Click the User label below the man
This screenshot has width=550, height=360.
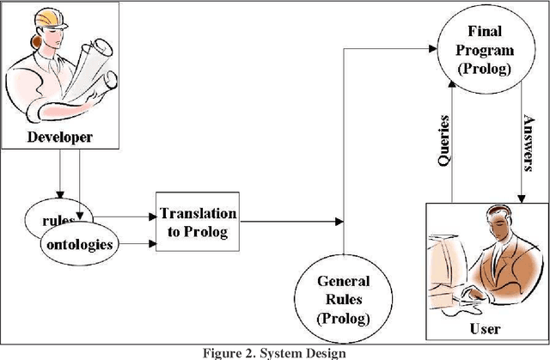click(x=486, y=330)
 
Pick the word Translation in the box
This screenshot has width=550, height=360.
click(x=198, y=213)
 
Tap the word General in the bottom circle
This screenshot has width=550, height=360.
click(x=344, y=281)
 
